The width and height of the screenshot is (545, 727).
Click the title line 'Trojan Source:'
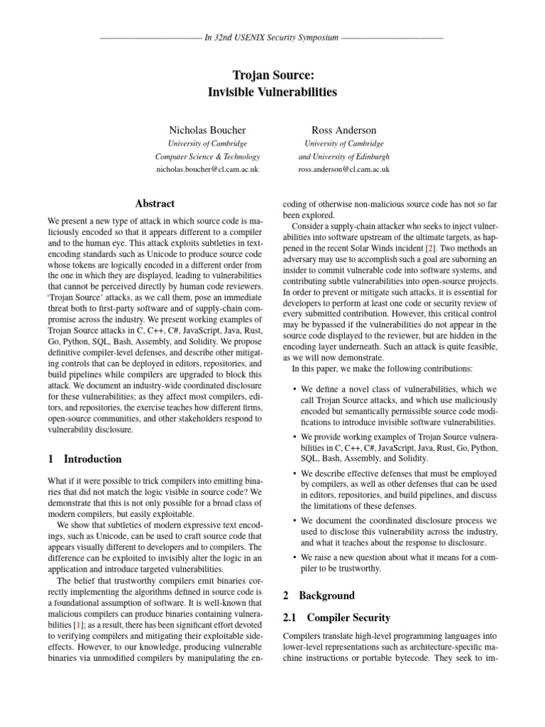tap(272, 75)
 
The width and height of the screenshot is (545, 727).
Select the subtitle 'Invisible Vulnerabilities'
tap(272, 92)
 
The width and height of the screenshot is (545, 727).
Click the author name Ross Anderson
tap(343, 131)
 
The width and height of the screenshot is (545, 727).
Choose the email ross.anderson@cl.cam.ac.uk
tap(343, 170)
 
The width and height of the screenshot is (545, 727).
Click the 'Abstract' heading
tap(155, 204)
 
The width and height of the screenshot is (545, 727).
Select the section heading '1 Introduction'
tap(84, 459)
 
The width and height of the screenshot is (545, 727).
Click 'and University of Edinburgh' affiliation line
tap(344, 157)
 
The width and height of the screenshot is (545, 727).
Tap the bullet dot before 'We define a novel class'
tap(294, 390)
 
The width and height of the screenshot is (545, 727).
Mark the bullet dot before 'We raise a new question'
tap(294, 558)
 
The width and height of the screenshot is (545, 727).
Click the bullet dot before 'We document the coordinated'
tap(294, 520)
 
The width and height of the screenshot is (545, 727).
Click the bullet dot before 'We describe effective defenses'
tap(294, 472)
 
